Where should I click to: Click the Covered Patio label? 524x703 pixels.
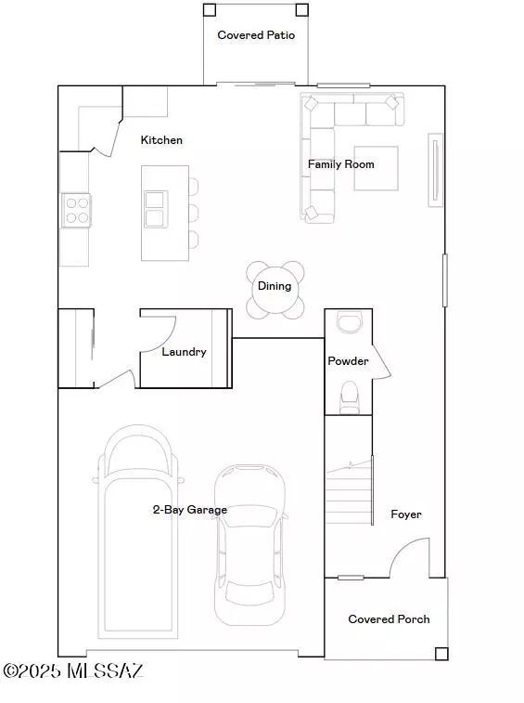click(256, 35)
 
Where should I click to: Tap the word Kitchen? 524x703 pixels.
click(161, 140)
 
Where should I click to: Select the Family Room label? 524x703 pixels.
click(340, 164)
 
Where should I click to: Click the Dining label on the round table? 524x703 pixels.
click(275, 286)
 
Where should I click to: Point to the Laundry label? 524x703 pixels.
click(184, 352)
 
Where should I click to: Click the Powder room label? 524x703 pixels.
click(348, 361)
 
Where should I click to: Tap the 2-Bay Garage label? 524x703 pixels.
click(190, 510)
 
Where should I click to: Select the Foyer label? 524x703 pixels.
click(406, 514)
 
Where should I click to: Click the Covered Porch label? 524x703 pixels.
click(389, 619)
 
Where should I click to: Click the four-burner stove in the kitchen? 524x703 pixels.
click(77, 210)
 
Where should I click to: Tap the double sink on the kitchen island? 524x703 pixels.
click(156, 209)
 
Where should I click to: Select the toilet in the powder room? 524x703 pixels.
click(350, 397)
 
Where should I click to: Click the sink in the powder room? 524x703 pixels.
click(349, 323)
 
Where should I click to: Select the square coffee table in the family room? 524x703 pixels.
click(377, 168)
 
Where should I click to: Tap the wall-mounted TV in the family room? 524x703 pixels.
click(435, 170)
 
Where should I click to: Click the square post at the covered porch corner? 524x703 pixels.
click(441, 654)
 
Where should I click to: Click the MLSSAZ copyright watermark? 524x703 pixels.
click(73, 670)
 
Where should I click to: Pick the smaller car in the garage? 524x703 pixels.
click(249, 545)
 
